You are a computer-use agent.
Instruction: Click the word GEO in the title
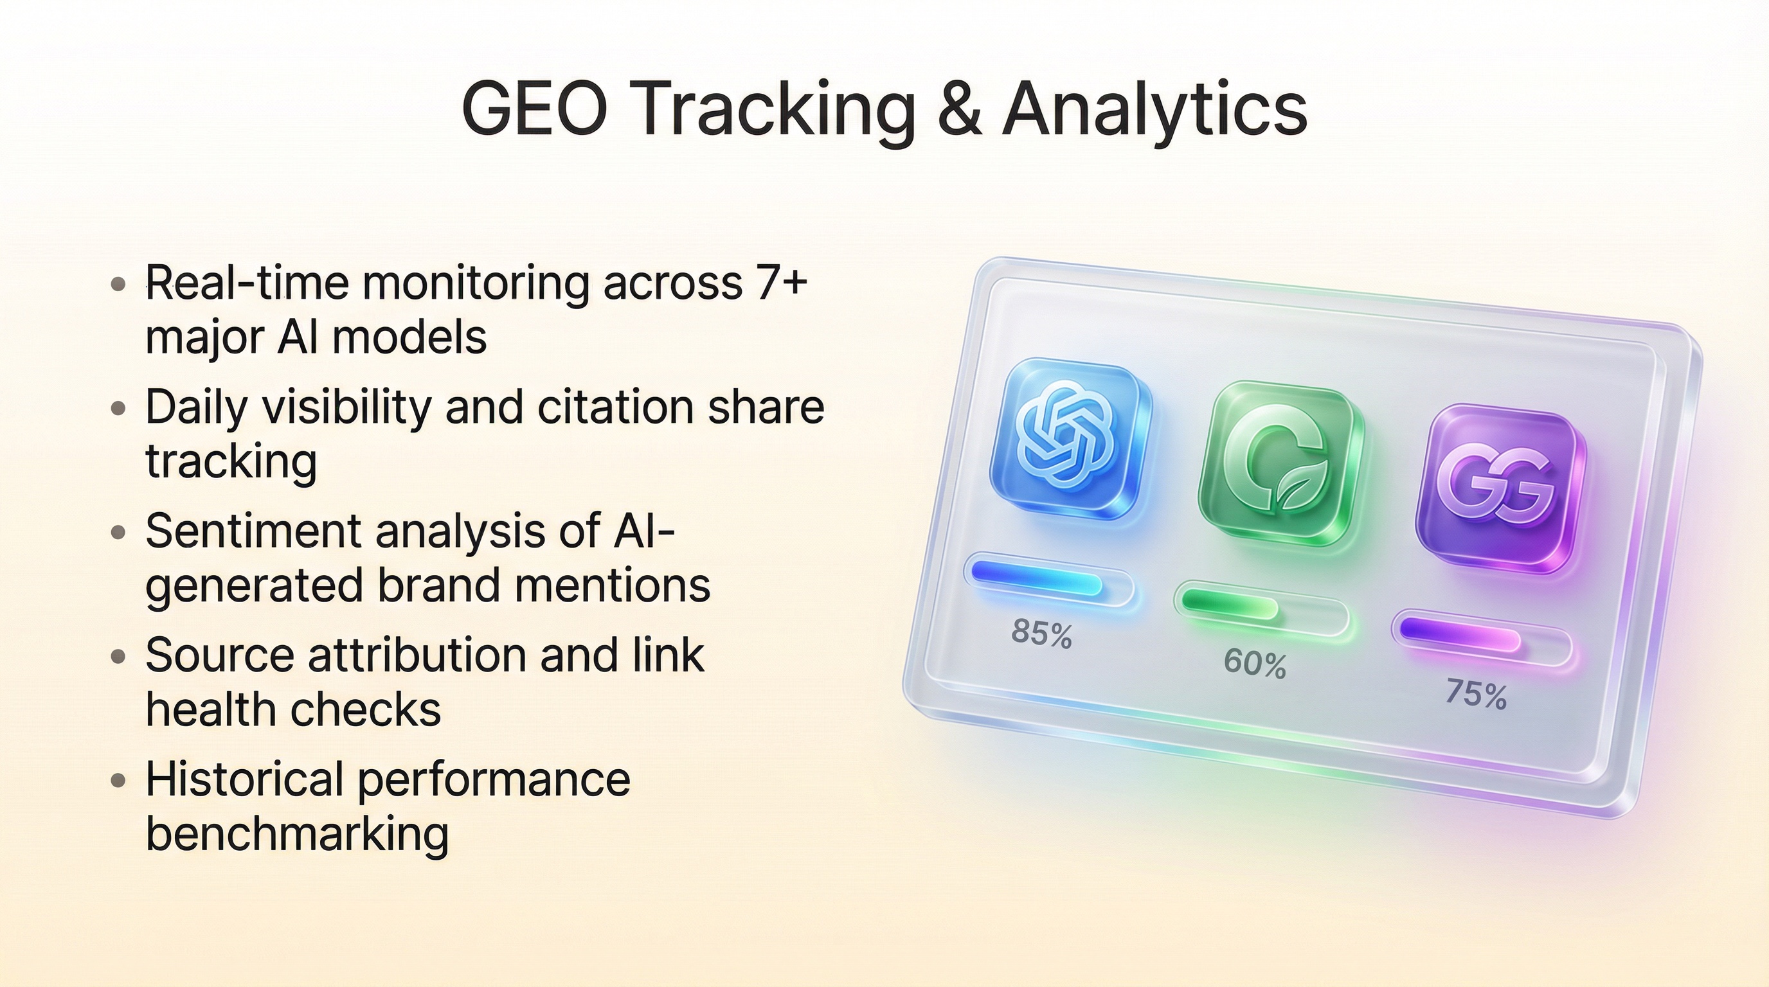coord(535,110)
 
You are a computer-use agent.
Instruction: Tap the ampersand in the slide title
coord(958,110)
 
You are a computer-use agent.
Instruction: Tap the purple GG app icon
coord(1502,489)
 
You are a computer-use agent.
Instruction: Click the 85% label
coord(1041,632)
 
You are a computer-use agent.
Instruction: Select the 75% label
coord(1476,693)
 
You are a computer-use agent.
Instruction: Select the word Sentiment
coord(253,531)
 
